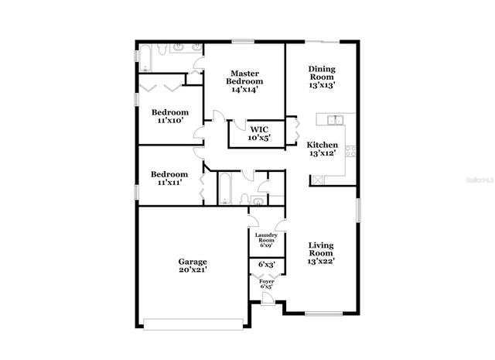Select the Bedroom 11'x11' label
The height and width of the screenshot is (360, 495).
point(169,179)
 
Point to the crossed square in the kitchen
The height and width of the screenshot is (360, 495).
point(317,180)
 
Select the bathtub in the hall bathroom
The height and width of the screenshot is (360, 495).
point(222,189)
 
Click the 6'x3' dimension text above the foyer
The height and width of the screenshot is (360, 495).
point(265,266)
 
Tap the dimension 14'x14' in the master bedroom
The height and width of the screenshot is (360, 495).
point(244,90)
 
